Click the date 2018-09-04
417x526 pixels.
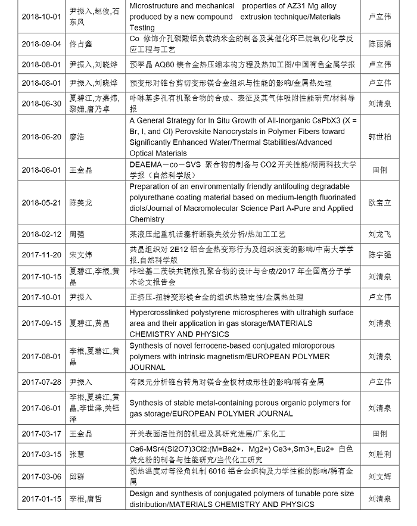41,44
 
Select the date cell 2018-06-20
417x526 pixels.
41,137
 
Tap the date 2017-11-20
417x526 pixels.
41,255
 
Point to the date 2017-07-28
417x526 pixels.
41,382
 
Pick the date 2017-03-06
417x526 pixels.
41,477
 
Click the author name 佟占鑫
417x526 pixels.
82,44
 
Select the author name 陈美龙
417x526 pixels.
82,203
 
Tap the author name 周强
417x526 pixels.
77,235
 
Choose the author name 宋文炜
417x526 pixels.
82,255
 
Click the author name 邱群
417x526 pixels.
77,477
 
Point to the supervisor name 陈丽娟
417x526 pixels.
379,44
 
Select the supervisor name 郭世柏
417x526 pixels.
379,137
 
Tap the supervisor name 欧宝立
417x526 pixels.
379,203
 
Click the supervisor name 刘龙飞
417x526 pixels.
379,235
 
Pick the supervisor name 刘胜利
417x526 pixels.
379,455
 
